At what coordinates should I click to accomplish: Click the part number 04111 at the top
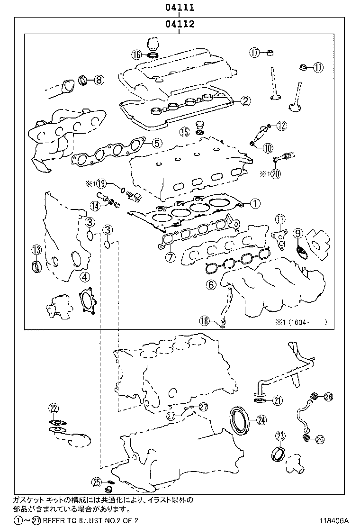coord(180,8)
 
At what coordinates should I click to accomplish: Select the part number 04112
coord(180,24)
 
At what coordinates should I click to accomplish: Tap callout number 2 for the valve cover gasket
coord(245,100)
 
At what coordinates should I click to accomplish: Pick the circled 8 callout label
coord(98,80)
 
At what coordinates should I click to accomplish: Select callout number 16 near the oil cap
coord(137,55)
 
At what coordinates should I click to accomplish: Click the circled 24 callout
coord(261,419)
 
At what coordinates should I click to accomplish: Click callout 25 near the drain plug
coord(97,482)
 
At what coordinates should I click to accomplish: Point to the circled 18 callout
coord(204,321)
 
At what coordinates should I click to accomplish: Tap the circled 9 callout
coord(297,233)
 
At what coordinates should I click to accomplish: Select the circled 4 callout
coord(84,277)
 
